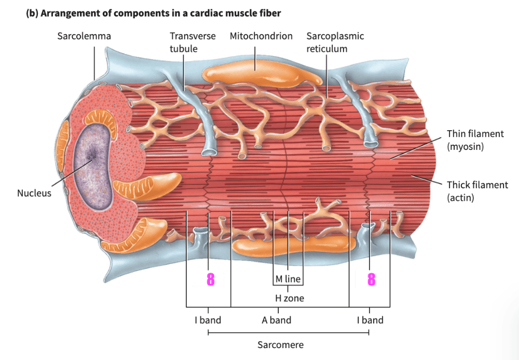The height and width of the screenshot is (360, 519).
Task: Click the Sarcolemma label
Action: coord(84,36)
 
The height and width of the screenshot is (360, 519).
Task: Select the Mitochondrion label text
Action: coord(261,36)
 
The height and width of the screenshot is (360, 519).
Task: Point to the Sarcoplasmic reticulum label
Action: coord(335,42)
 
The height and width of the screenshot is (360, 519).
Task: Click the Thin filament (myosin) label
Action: coord(475,140)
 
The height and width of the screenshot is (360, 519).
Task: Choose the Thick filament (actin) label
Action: coord(477,191)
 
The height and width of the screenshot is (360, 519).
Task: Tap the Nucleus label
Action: coord(34,193)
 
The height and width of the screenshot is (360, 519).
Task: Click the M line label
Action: coord(288,279)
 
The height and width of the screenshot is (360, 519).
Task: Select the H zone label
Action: coord(289,298)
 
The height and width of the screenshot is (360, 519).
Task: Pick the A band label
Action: coord(276,320)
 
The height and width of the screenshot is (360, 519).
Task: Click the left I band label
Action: coord(208,320)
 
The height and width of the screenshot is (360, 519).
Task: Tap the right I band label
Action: coord(370,320)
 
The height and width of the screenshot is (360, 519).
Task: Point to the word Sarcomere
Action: coord(280,344)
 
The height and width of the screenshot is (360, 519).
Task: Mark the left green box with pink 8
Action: coord(208,280)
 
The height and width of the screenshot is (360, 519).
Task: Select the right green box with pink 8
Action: coord(370,280)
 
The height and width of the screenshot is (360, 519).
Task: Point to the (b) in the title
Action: coord(32,13)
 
